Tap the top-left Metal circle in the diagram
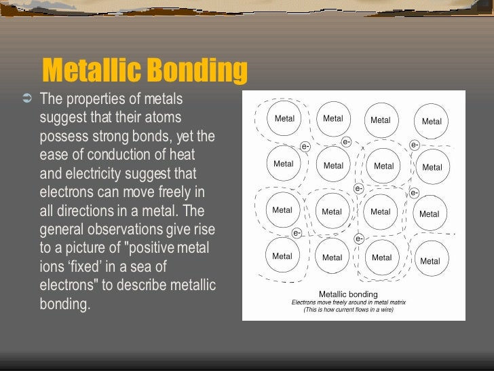pyautogui.click(x=284, y=118)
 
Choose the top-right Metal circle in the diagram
pyautogui.click(x=432, y=122)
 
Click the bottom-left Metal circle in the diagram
pyautogui.click(x=282, y=256)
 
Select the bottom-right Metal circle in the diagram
pyautogui.click(x=430, y=261)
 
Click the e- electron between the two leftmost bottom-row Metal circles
pyautogui.click(x=297, y=233)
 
